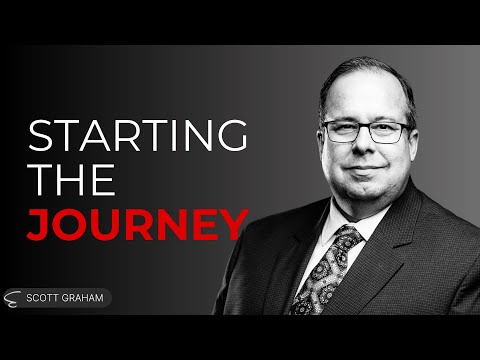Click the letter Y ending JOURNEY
tap(232, 224)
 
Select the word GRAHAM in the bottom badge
tap(85, 298)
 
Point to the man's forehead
tap(368, 104)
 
